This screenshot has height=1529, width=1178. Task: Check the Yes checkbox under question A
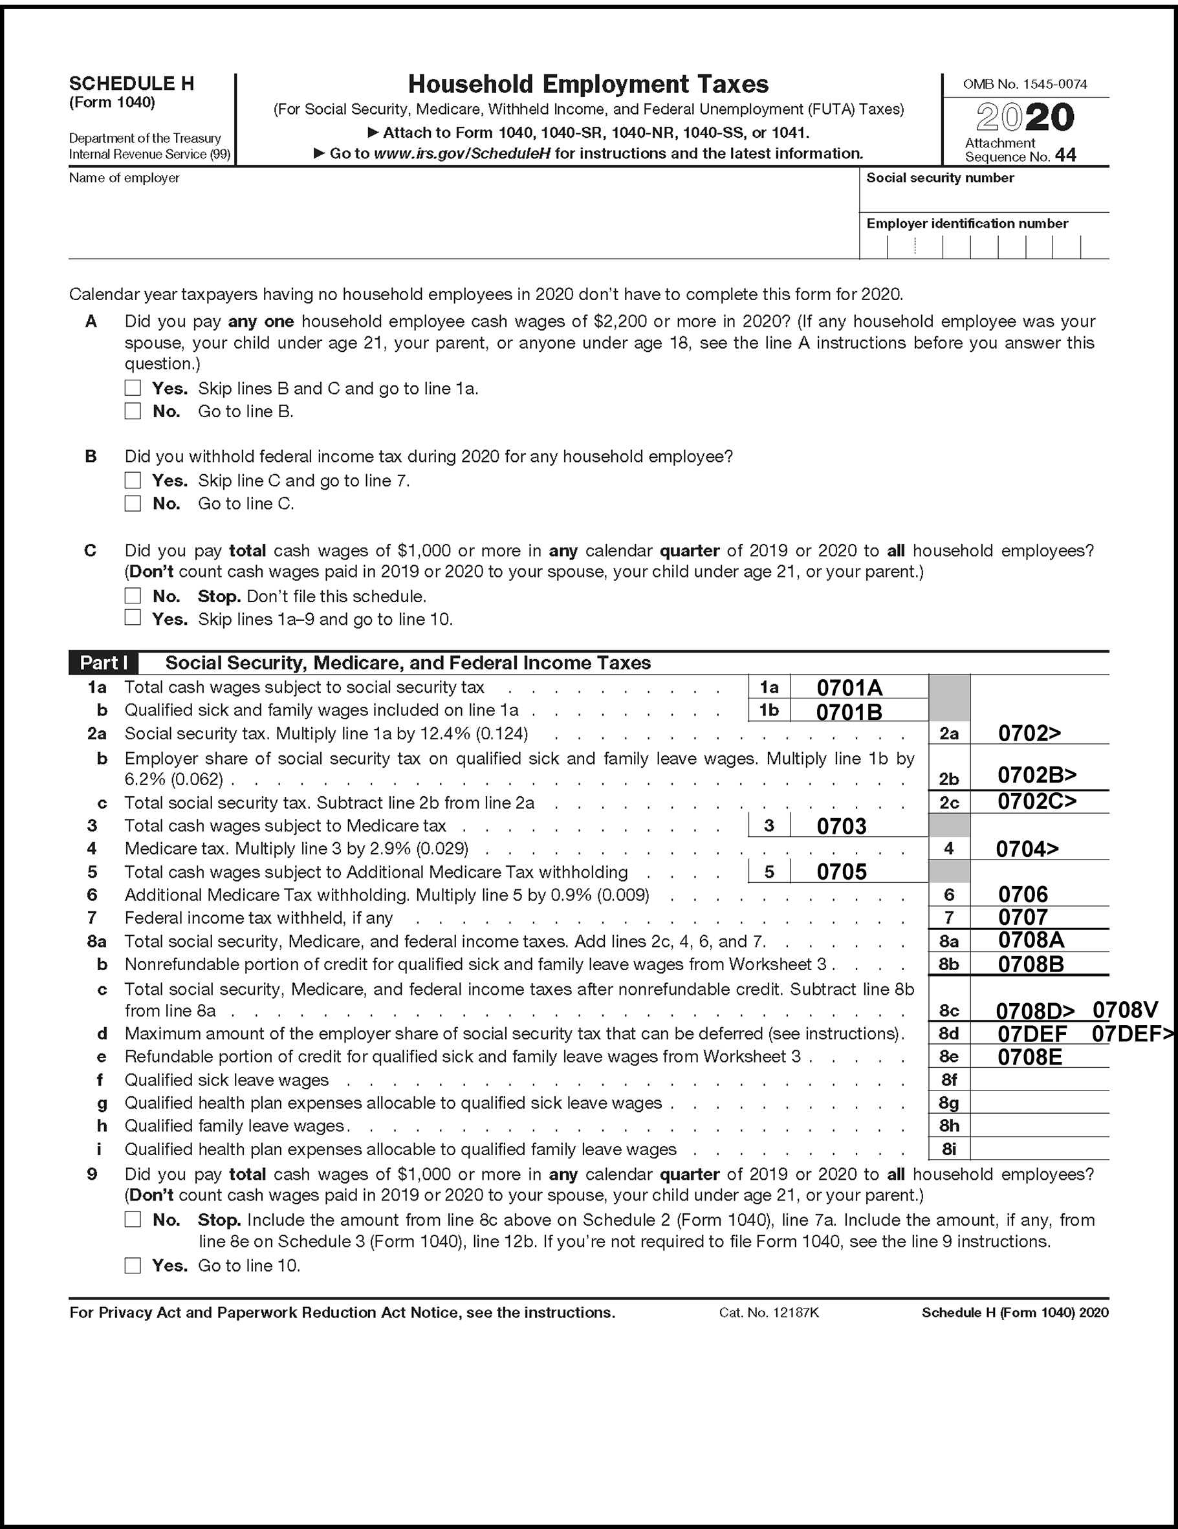click(x=133, y=388)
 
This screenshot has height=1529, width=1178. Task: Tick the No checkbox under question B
click(x=133, y=503)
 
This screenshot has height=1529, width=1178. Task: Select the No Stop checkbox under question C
click(x=133, y=596)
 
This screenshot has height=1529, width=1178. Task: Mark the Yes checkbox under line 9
click(x=133, y=1265)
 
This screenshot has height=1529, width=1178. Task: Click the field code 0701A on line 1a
click(x=849, y=688)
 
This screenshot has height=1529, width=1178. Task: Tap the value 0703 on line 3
click(x=841, y=826)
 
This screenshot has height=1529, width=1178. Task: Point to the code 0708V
click(x=1125, y=1010)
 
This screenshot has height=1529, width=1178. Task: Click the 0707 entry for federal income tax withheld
click(x=1023, y=917)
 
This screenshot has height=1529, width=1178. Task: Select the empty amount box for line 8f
click(x=1040, y=1080)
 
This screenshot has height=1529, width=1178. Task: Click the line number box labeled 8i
click(x=949, y=1149)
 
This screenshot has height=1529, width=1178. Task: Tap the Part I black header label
click(x=104, y=663)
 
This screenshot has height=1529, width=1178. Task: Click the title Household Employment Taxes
click(x=588, y=85)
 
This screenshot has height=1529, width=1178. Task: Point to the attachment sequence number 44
click(x=1065, y=155)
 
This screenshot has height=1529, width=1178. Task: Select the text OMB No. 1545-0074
click(x=1025, y=85)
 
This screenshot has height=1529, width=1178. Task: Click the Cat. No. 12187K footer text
click(x=769, y=1313)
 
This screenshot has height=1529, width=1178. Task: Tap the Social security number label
click(x=940, y=178)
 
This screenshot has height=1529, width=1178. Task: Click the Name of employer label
click(x=124, y=179)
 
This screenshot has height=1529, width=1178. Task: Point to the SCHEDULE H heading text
click(x=131, y=84)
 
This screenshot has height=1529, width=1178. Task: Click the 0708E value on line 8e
click(x=1029, y=1057)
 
